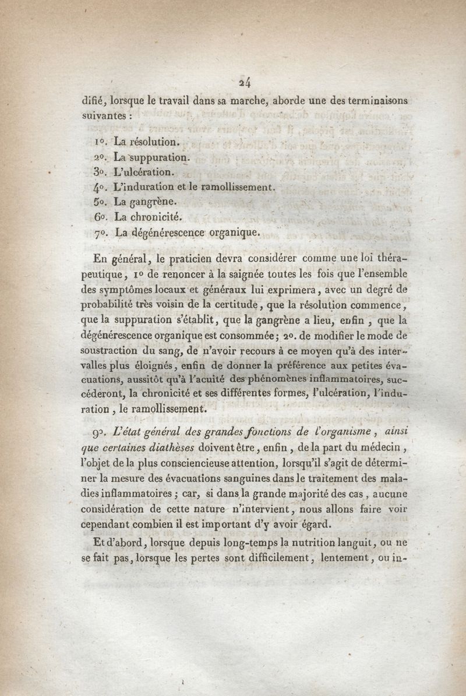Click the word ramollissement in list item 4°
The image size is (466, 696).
[235, 188]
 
